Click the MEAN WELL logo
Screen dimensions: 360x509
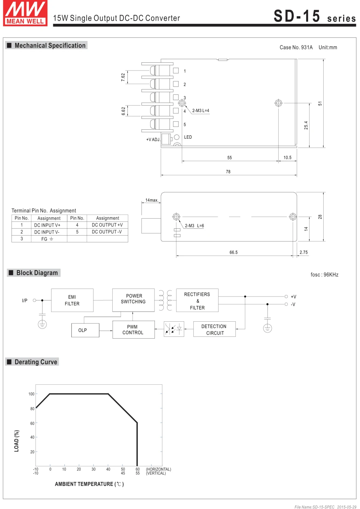[x=25, y=13]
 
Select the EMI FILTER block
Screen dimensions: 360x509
[x=72, y=300]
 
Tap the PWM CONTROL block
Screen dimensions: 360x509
[x=134, y=330]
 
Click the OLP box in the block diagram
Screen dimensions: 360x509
[x=85, y=330]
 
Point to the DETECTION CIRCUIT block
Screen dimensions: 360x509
[x=215, y=329]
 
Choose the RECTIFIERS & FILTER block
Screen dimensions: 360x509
[x=197, y=300]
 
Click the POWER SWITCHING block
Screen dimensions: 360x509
[x=133, y=300]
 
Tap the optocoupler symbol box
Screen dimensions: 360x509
[x=174, y=329]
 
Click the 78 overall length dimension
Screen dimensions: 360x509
[x=228, y=172]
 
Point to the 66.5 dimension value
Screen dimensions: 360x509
[x=234, y=253]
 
